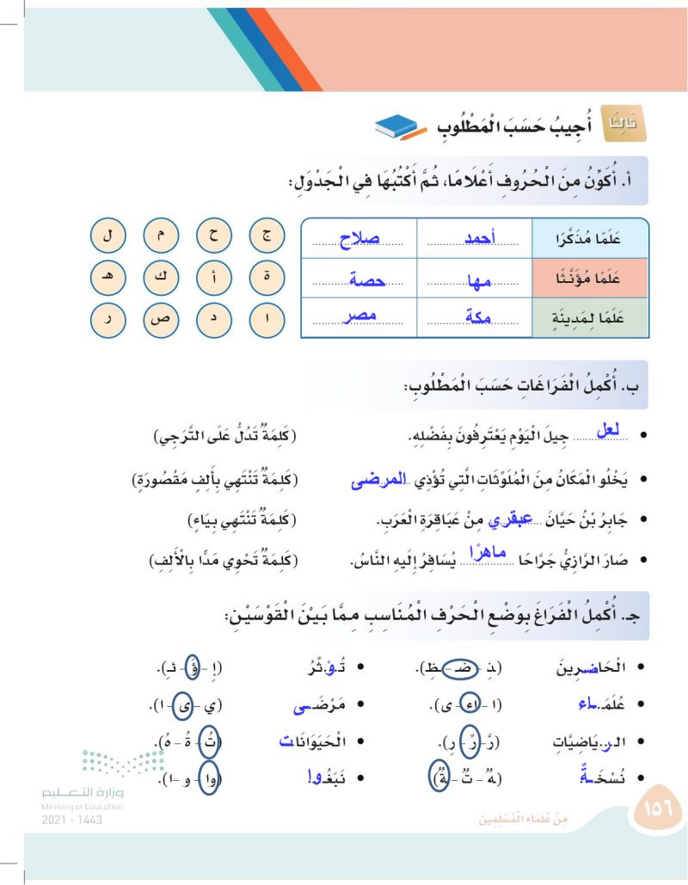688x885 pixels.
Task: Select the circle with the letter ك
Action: [160, 278]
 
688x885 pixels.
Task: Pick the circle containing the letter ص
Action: [160, 321]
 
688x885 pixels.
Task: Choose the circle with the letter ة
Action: [266, 278]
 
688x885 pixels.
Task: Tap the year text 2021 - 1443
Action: [70, 820]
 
